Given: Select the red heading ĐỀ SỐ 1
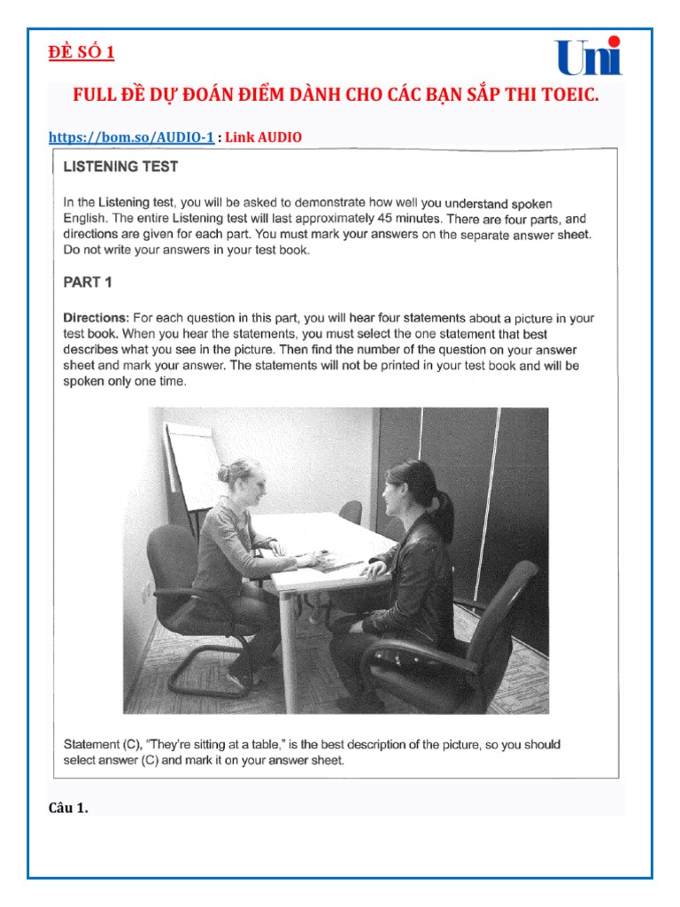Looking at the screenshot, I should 81,52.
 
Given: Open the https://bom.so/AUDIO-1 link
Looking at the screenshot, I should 131,136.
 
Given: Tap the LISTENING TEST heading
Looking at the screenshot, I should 120,166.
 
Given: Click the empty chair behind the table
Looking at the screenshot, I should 351,513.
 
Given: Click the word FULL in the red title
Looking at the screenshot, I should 93,95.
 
